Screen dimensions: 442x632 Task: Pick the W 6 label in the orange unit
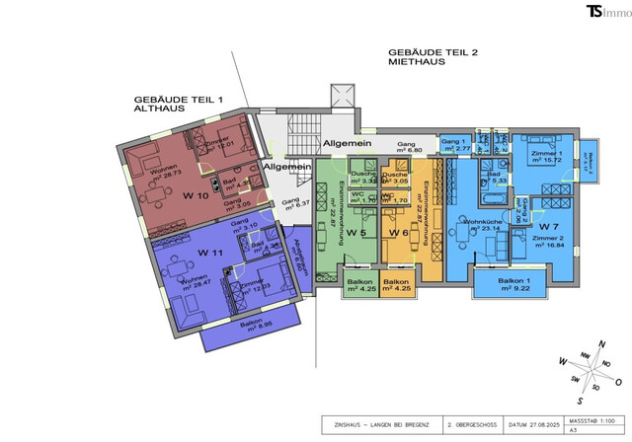click(x=399, y=233)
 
